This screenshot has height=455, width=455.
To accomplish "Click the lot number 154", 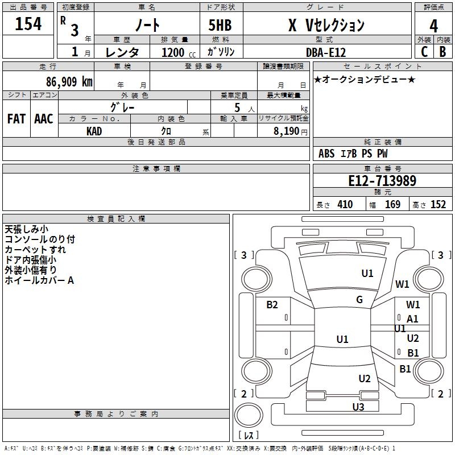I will tap(28, 24).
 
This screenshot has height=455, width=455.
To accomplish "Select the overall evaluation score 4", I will tap(434, 26).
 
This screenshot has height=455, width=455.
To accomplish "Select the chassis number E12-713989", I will tap(382, 181).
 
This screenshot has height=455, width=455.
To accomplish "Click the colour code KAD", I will tap(94, 131).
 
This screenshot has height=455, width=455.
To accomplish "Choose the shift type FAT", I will tap(16, 119).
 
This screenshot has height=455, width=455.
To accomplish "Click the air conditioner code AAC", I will tap(43, 119).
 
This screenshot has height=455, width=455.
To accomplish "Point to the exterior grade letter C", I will tap(424, 51).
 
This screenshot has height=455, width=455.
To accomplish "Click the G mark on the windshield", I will tap(359, 300).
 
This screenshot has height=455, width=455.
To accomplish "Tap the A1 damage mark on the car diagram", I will tap(412, 319).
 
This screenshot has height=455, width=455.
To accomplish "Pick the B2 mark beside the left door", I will tap(272, 305).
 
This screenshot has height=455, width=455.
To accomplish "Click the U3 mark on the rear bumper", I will tap(358, 407).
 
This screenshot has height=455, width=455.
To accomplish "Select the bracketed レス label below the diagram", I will tap(249, 435).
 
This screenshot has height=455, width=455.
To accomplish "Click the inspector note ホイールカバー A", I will tap(39, 280).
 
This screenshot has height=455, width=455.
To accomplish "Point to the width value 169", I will tap(392, 205).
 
